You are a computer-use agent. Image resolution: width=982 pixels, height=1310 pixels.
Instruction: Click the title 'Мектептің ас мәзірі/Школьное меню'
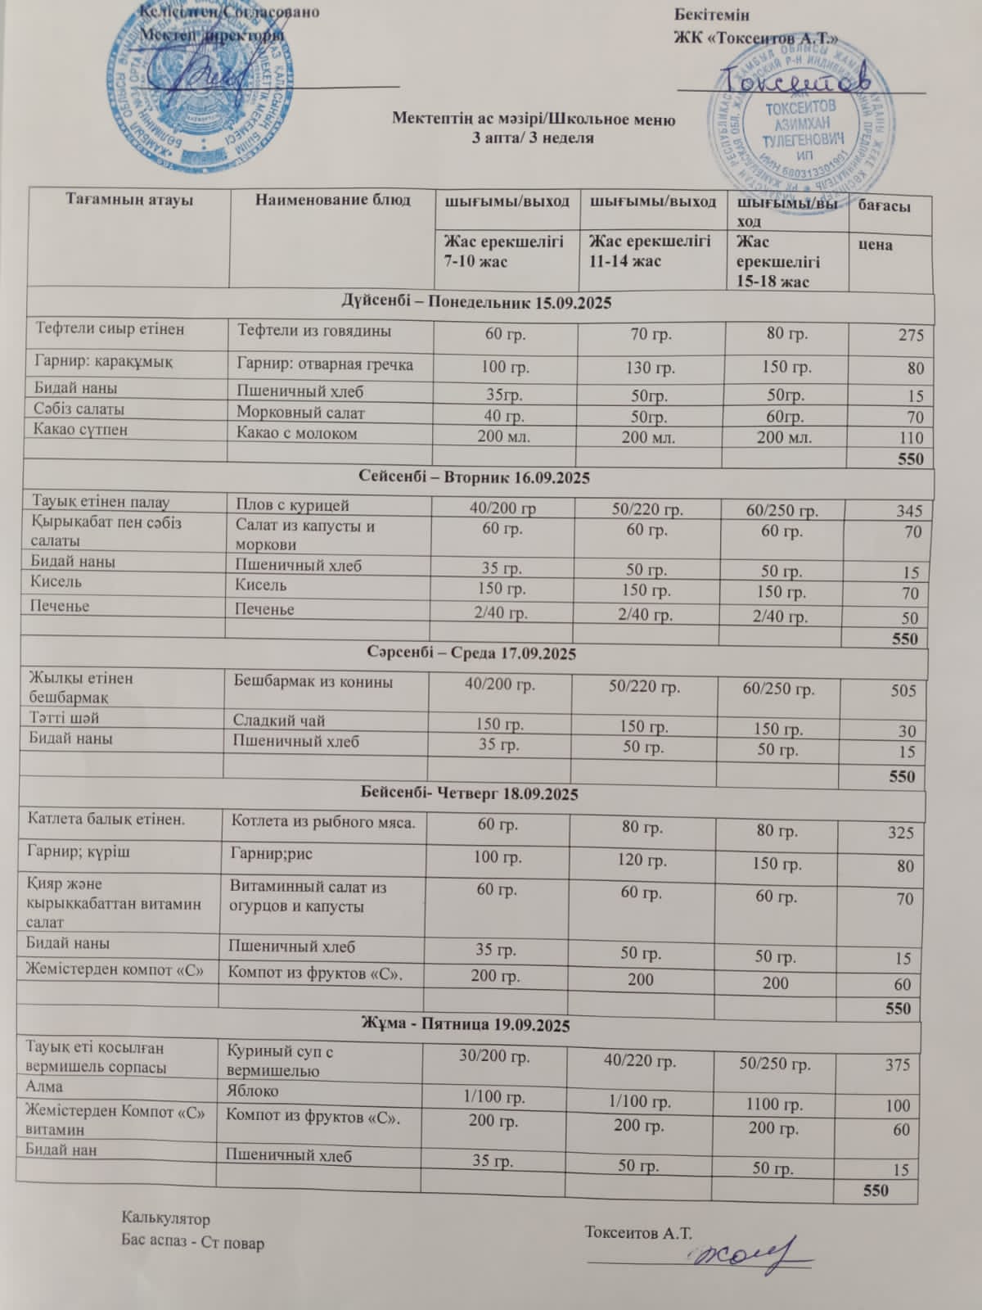pyautogui.click(x=533, y=120)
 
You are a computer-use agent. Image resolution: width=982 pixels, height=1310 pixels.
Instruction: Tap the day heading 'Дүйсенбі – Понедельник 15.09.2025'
pyautogui.click(x=476, y=303)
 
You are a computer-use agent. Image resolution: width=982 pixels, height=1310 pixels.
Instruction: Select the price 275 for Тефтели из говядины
pyautogui.click(x=909, y=335)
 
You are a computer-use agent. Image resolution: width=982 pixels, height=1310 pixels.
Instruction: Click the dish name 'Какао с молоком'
pyautogui.click(x=297, y=434)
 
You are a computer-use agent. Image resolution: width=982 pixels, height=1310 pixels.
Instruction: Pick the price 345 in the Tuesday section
pyautogui.click(x=908, y=511)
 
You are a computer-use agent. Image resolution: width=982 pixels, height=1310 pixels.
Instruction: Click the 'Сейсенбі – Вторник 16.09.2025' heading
pyautogui.click(x=475, y=477)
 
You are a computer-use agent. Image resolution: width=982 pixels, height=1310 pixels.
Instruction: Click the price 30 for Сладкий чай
pyautogui.click(x=906, y=731)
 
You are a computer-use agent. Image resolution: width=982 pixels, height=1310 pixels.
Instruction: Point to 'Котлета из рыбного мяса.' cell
pyautogui.click(x=322, y=821)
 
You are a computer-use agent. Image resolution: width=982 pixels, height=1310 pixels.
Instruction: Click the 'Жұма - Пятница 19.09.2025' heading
pyautogui.click(x=466, y=1025)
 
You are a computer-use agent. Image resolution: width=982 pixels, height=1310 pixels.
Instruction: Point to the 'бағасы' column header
pyautogui.click(x=884, y=207)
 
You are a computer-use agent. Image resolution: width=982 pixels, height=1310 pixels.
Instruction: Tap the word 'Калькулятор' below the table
pyautogui.click(x=165, y=1218)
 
